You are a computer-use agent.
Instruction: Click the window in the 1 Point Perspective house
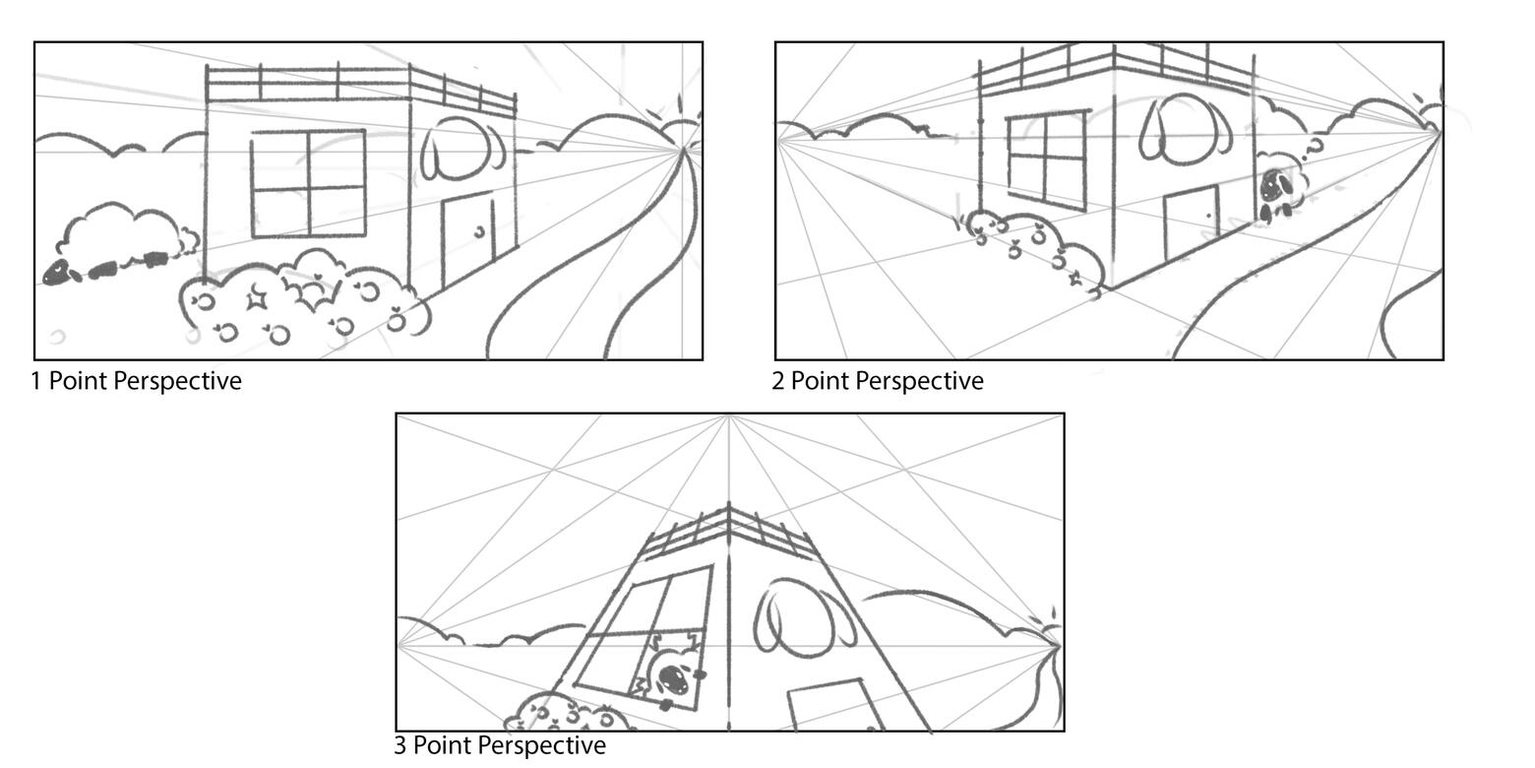(308, 184)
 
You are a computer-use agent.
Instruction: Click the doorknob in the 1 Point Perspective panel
(479, 231)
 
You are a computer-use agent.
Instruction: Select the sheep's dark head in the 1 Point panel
(56, 274)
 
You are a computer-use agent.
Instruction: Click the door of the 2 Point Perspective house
(1191, 223)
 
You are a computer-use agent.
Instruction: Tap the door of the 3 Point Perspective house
(834, 705)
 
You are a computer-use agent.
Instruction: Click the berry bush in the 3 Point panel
(569, 713)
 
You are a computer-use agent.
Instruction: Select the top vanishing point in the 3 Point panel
(729, 416)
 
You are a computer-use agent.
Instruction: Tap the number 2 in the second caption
(777, 381)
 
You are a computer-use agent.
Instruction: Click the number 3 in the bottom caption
(399, 744)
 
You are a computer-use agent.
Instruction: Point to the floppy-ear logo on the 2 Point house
(1185, 130)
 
